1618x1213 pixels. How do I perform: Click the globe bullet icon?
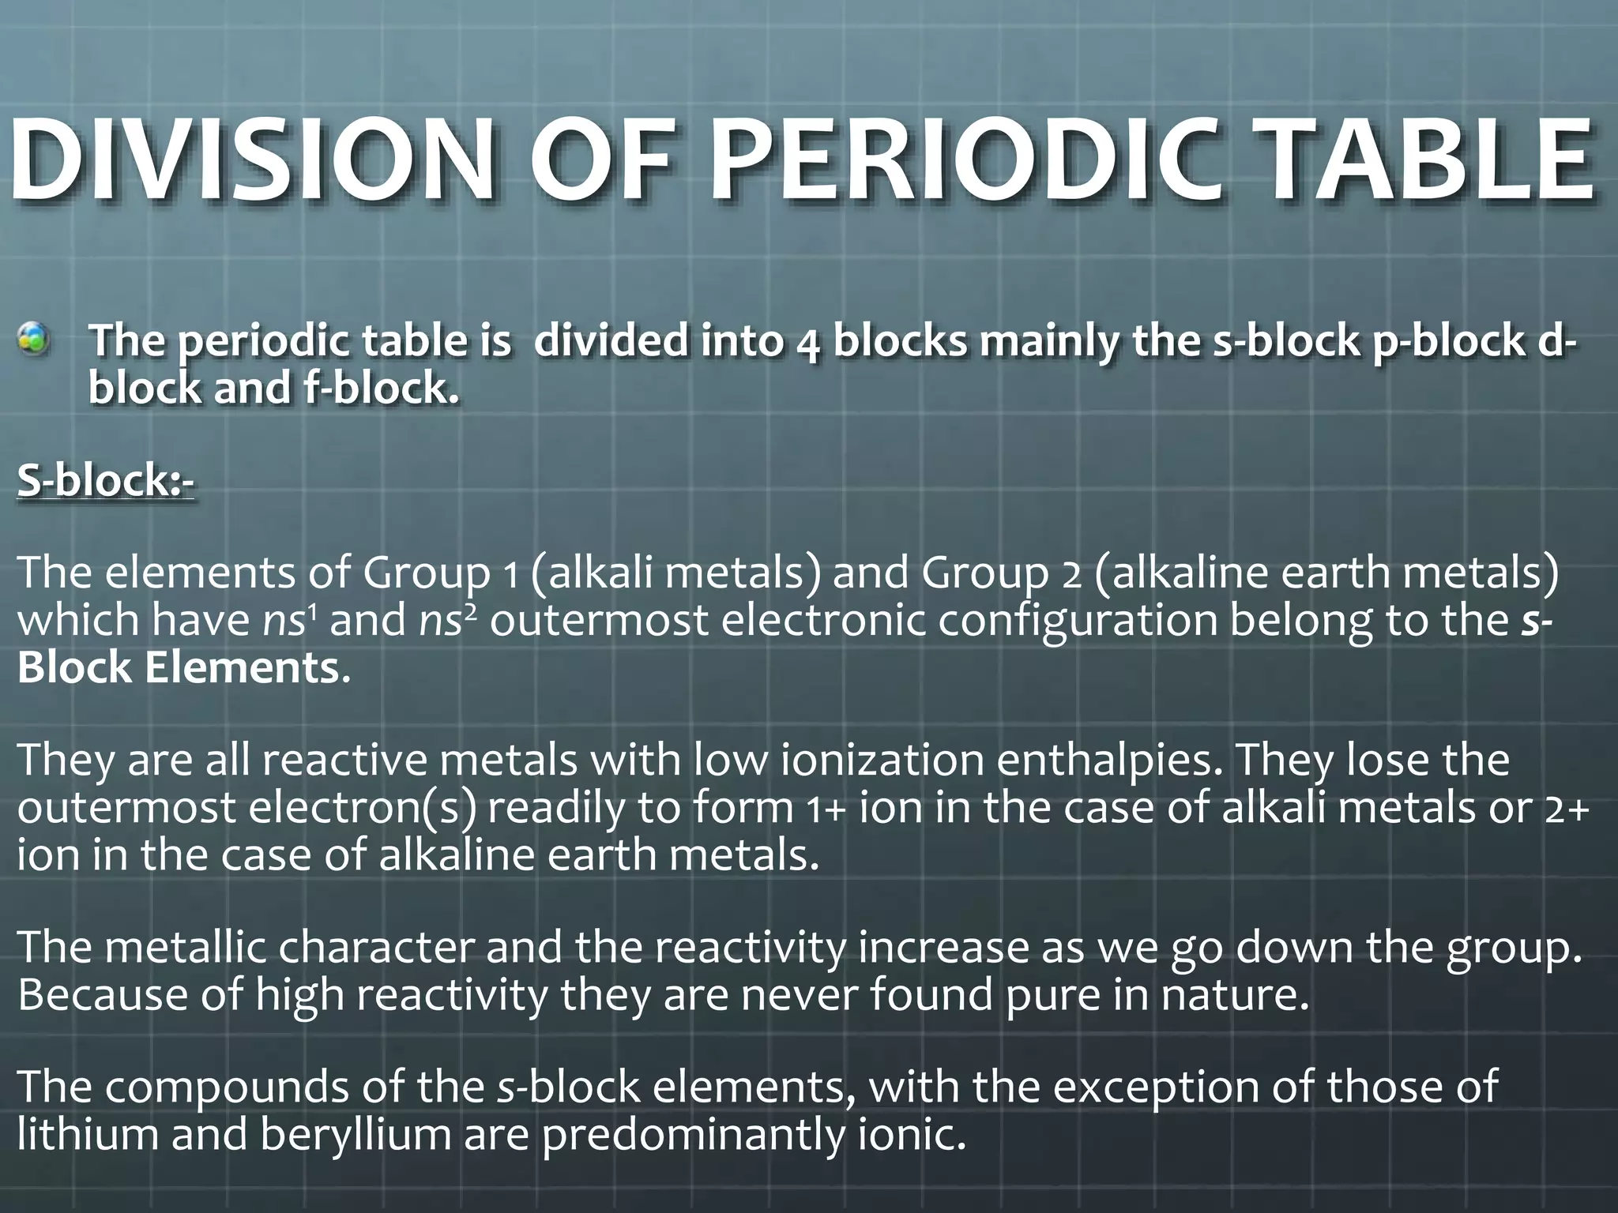[x=34, y=340]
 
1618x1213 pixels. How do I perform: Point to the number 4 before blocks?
[x=807, y=344]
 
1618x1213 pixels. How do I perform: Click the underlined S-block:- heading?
[x=105, y=480]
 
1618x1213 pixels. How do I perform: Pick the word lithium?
[x=87, y=1134]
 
